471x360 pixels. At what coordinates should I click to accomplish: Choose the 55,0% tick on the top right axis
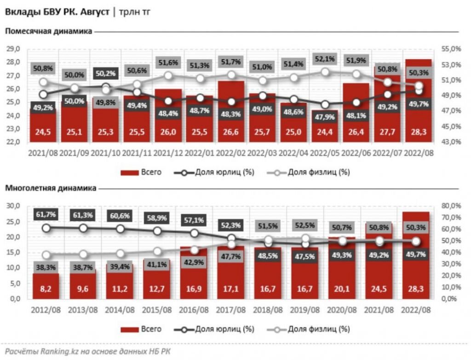pyautogui.click(x=448, y=49)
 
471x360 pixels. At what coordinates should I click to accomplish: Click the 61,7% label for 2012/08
pyautogui.click(x=45, y=214)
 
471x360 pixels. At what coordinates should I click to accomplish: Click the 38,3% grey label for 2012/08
pyautogui.click(x=45, y=268)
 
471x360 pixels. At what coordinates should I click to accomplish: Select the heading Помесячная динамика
pyautogui.click(x=49, y=31)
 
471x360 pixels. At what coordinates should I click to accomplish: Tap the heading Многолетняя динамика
pyautogui.click(x=51, y=188)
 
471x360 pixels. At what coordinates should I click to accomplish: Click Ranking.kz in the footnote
pyautogui.click(x=47, y=351)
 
